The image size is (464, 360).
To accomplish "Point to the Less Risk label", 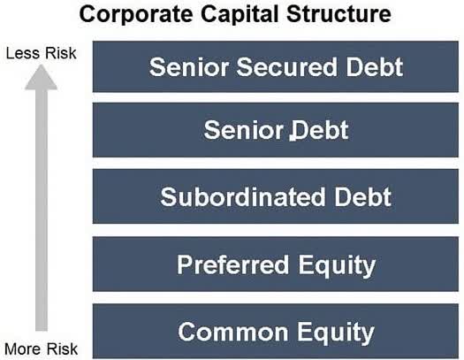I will (41, 53).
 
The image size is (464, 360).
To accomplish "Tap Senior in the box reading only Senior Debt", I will (236, 131).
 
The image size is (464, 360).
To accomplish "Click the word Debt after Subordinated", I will (360, 197).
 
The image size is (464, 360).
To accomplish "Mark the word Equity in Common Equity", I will (338, 332).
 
